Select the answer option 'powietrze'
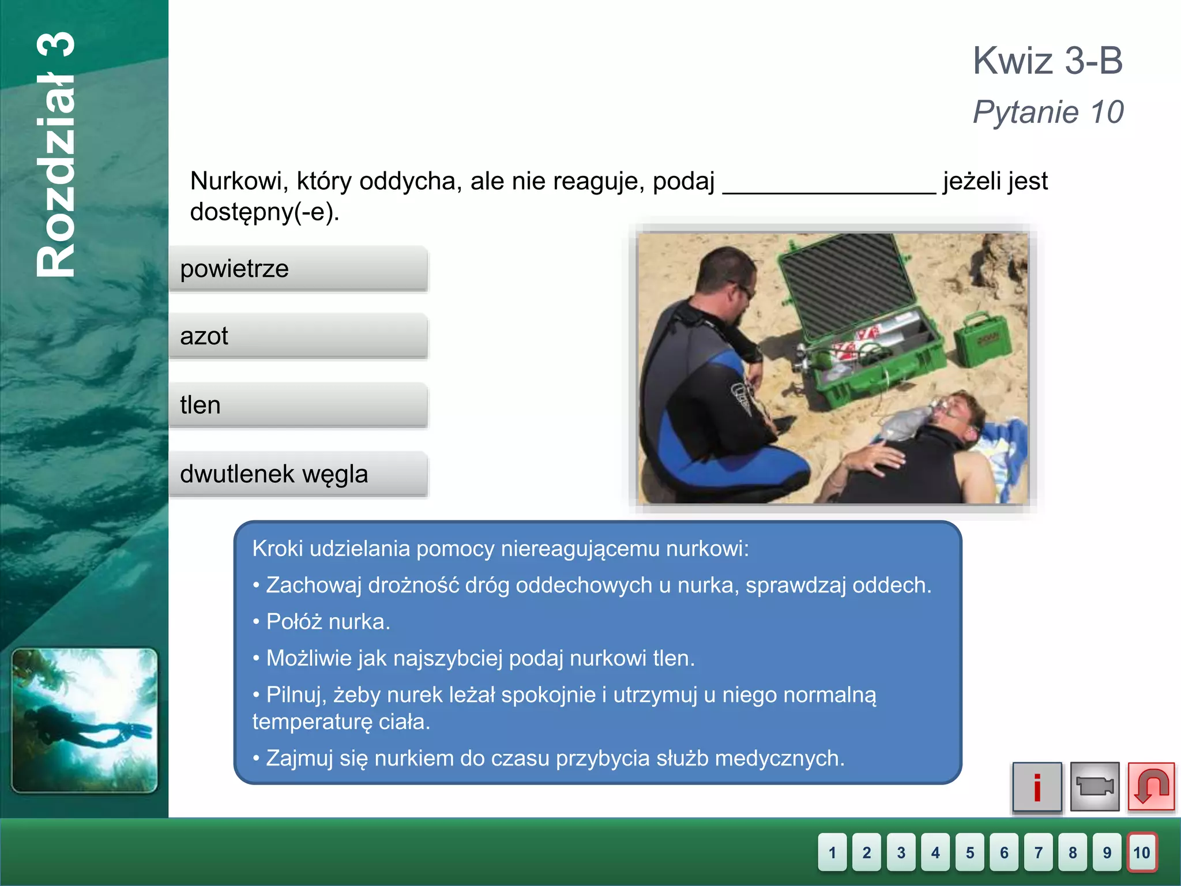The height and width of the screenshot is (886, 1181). [x=298, y=269]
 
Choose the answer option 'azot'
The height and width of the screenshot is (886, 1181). [x=298, y=336]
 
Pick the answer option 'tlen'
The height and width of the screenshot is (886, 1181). [x=298, y=405]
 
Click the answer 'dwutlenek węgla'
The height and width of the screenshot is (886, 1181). [x=298, y=474]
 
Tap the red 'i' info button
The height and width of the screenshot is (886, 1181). [x=1037, y=787]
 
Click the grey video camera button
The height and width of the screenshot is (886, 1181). [x=1095, y=787]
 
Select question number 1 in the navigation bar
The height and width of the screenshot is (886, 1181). [x=832, y=852]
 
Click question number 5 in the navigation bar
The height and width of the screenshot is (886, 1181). [x=970, y=852]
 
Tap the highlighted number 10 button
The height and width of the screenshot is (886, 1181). [x=1142, y=852]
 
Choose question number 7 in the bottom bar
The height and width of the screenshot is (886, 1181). [x=1039, y=852]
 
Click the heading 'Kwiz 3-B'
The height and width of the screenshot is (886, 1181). [x=1048, y=61]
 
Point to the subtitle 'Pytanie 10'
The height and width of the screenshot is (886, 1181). [x=1048, y=112]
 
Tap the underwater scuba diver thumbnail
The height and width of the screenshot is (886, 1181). [x=84, y=720]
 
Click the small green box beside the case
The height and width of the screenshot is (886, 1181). [x=983, y=340]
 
